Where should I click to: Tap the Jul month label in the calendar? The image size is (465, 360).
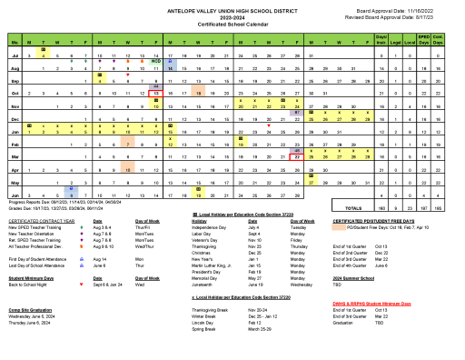pos(15,55)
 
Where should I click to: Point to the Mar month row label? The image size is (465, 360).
pos(15,155)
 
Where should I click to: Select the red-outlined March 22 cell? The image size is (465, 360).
pos(297,155)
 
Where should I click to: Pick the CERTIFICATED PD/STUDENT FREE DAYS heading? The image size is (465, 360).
pos(374,220)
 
